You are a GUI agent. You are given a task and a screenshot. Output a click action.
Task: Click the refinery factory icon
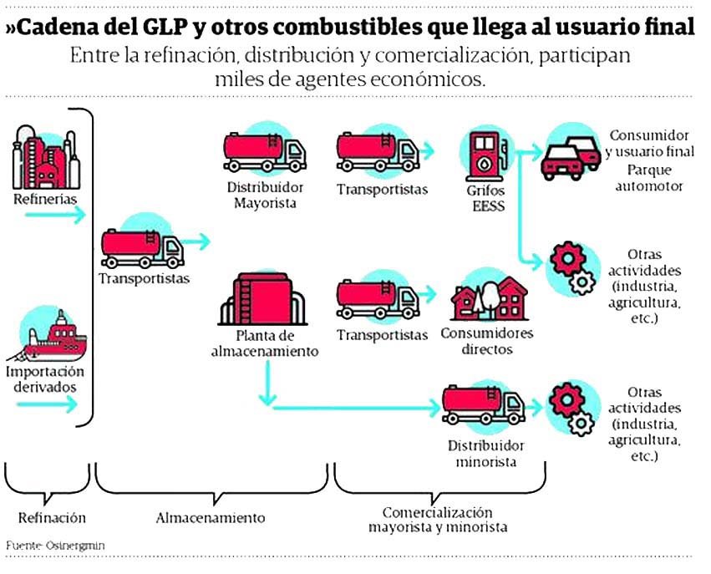tap(46, 158)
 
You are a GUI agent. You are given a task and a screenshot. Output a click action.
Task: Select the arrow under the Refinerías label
tap(55, 215)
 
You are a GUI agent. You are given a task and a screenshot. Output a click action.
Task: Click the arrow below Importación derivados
tap(47, 404)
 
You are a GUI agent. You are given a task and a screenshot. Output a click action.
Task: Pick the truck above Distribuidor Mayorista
tap(264, 152)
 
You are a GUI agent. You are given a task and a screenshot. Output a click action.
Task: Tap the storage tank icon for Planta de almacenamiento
tap(262, 299)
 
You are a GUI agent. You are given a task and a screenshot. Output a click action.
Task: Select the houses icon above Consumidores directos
tap(490, 299)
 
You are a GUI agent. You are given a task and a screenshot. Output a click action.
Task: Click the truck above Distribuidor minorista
tap(484, 405)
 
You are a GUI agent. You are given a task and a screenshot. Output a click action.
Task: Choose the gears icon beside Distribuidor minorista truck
tap(571, 409)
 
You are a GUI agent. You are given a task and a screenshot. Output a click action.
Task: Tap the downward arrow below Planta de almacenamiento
tap(267, 384)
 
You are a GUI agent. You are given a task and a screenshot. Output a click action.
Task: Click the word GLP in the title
tap(165, 28)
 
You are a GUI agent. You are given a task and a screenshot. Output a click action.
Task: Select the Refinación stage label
tap(52, 518)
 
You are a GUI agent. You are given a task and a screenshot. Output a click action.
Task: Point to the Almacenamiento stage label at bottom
tap(211, 518)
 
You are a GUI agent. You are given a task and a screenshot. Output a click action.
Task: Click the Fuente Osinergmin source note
tap(55, 546)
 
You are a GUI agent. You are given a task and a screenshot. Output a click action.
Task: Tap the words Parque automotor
tap(649, 178)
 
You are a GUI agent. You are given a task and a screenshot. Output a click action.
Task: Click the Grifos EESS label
tap(486, 198)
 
